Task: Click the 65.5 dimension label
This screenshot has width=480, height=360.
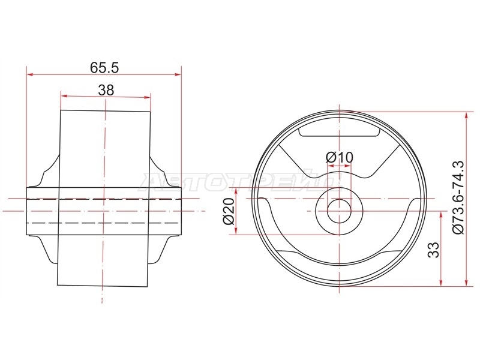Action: tap(104, 68)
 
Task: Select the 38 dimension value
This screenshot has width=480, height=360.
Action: tap(106, 90)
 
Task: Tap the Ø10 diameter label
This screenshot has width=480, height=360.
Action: tap(339, 158)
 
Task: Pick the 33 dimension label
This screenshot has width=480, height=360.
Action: tap(433, 250)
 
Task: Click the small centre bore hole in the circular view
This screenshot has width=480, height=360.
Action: tap(339, 211)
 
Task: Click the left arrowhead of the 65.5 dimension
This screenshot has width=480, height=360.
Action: tap(29, 74)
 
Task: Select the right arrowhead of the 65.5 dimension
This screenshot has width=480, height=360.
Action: tap(178, 74)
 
